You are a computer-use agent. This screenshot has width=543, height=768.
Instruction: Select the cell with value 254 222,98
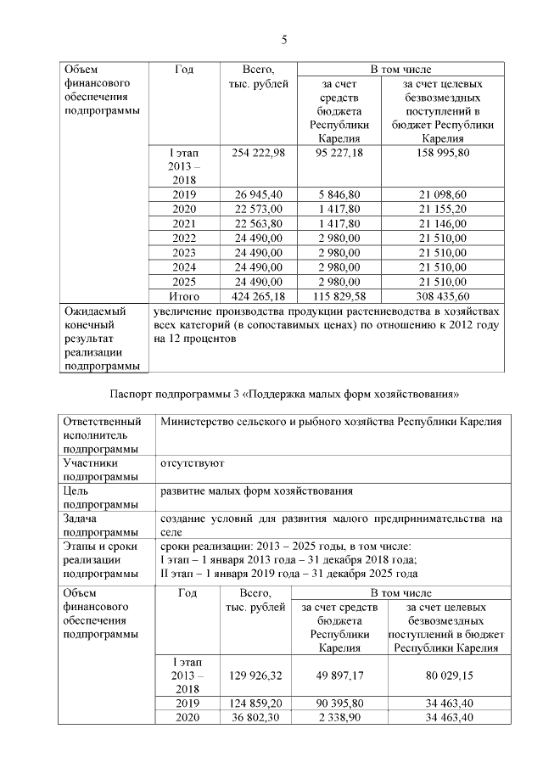[x=259, y=152]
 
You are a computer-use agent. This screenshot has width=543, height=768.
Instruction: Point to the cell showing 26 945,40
[x=259, y=195]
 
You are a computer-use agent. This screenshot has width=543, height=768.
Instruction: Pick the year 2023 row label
[x=183, y=253]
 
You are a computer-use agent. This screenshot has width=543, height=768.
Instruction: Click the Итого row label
[x=183, y=296]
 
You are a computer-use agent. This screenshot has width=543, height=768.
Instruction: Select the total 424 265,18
[x=259, y=296]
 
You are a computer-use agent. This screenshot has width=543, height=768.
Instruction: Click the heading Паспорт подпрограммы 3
[x=285, y=394]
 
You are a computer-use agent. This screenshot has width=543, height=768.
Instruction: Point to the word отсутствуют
[x=191, y=464]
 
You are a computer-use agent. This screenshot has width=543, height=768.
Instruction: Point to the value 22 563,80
[x=259, y=224]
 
